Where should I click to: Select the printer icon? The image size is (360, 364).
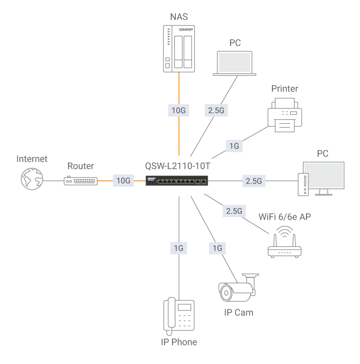(285, 115)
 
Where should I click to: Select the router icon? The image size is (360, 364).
(81, 181)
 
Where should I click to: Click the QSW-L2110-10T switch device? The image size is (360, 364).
(177, 181)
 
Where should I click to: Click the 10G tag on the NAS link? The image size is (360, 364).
(179, 110)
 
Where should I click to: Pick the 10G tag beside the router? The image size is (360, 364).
(123, 181)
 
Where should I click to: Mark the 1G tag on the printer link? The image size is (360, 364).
(234, 146)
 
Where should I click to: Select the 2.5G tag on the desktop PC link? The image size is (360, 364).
(254, 181)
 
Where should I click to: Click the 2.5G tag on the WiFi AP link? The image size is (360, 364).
(234, 211)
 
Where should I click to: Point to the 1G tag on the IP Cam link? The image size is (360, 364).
(217, 248)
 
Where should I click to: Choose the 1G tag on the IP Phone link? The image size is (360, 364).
(179, 248)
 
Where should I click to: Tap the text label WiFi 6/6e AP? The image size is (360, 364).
(284, 217)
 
